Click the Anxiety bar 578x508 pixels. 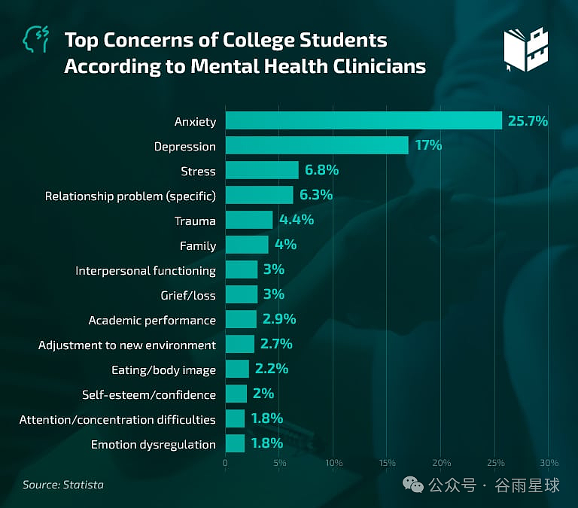pyautogui.click(x=364, y=120)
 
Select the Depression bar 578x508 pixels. pyautogui.click(x=317, y=145)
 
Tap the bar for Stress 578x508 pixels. pyautogui.click(x=262, y=170)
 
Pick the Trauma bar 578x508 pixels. pyautogui.click(x=249, y=220)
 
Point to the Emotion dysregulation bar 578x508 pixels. pyautogui.click(x=235, y=443)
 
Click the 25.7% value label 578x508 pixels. pyautogui.click(x=528, y=121)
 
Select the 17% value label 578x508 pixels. pyautogui.click(x=428, y=145)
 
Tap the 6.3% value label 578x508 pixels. pyautogui.click(x=316, y=195)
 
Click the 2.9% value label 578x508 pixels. pyautogui.click(x=279, y=319)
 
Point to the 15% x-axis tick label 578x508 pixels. pyautogui.click(x=387, y=463)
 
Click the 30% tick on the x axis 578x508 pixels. pyautogui.click(x=549, y=463)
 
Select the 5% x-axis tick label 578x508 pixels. pyautogui.click(x=280, y=463)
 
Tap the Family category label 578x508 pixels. pyautogui.click(x=198, y=246)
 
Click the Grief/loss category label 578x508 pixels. pyautogui.click(x=188, y=295)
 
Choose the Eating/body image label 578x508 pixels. pyautogui.click(x=163, y=370)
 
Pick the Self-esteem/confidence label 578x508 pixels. pyautogui.click(x=149, y=395)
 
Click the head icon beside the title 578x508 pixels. pyautogui.click(x=35, y=39)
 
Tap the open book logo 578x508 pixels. pyautogui.click(x=525, y=50)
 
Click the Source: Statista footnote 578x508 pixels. pyautogui.click(x=63, y=485)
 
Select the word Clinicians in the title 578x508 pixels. pyautogui.click(x=379, y=66)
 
